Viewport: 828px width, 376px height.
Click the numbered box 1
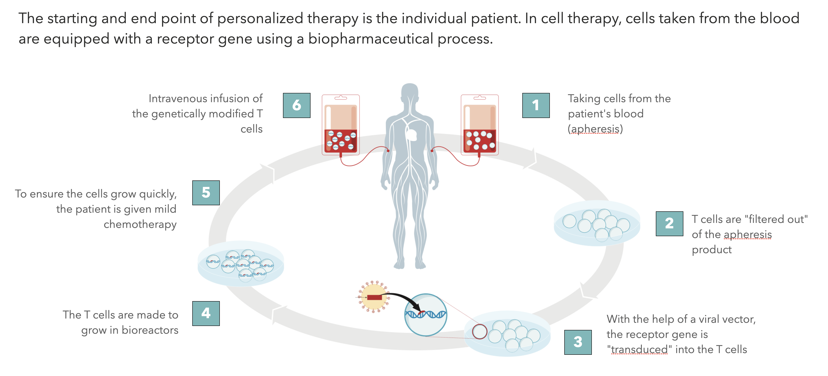click(x=536, y=105)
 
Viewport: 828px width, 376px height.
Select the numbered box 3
click(x=578, y=342)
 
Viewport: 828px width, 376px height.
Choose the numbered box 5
click(x=206, y=193)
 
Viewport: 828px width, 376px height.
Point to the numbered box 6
click(x=297, y=105)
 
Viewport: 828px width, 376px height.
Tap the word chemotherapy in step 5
click(x=140, y=224)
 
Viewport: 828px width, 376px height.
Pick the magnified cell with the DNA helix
click(x=426, y=315)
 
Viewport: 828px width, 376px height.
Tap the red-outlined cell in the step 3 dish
click(x=480, y=332)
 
